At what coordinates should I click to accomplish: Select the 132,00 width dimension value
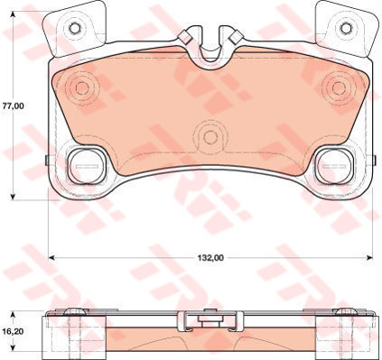click(210, 258)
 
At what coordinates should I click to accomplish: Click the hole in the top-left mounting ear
click(75, 28)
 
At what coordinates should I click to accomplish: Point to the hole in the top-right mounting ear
click(346, 28)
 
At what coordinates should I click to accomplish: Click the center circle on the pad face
click(210, 137)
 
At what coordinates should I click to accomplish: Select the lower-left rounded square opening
click(87, 166)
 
